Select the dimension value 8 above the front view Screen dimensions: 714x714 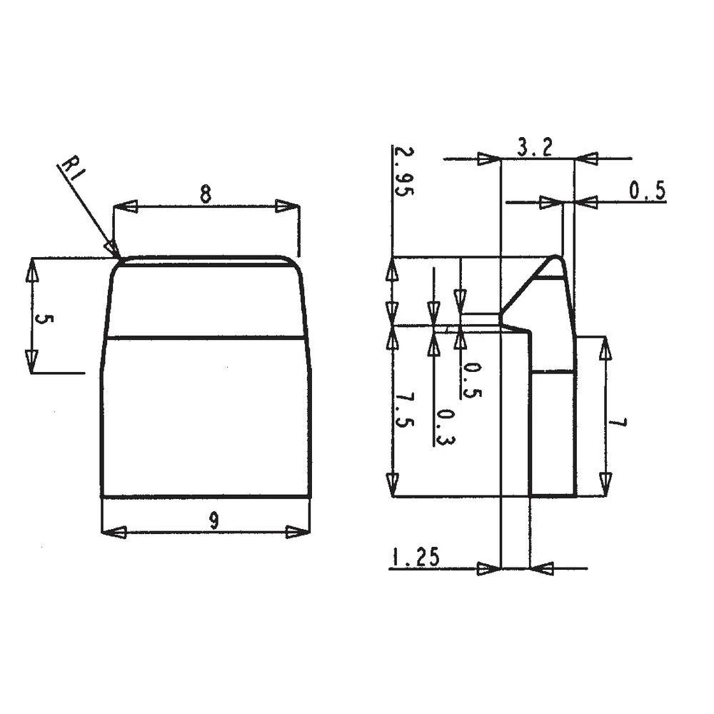(206, 194)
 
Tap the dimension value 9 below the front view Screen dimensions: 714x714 (213, 521)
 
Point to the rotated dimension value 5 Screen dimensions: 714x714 (44, 319)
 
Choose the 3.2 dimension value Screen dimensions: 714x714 (535, 148)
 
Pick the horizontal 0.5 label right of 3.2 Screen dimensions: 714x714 (647, 191)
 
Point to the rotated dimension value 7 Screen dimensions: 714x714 (618, 423)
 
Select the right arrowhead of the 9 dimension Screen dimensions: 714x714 (297, 532)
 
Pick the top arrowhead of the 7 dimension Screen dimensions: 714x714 (605, 348)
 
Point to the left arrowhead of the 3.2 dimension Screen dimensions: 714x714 (489, 159)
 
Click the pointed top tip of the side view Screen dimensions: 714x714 (559, 258)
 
